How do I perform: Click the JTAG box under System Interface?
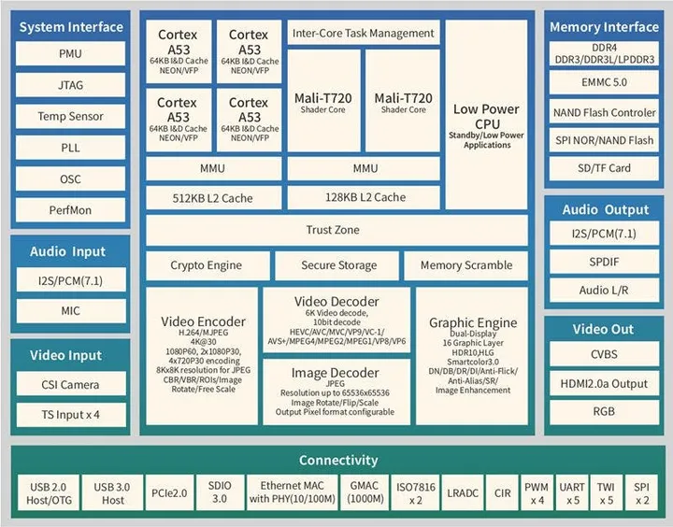tap(71, 85)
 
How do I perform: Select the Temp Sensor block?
tap(71, 117)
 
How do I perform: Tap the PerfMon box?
tap(71, 210)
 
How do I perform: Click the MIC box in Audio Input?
tap(71, 311)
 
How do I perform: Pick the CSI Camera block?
tap(71, 384)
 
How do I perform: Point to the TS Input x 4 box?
tap(71, 414)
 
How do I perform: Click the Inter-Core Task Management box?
tap(364, 34)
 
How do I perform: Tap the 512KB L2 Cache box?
tap(214, 198)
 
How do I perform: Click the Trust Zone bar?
tap(333, 230)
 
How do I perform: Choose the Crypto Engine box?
tap(207, 265)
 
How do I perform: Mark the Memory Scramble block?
tap(465, 265)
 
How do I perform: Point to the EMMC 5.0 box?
tap(604, 83)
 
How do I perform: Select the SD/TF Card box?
tap(604, 168)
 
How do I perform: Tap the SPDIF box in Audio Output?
tap(604, 262)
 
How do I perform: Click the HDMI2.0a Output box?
tap(604, 383)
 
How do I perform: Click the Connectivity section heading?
tap(338, 460)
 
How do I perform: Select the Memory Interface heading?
tap(604, 27)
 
